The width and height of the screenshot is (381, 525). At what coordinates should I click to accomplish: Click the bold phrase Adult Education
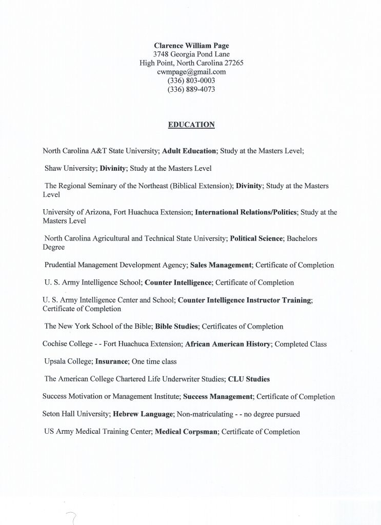pos(189,151)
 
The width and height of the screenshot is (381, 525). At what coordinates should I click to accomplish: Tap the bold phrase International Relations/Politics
pos(246,212)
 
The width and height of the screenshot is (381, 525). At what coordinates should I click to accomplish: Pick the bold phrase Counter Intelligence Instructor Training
pos(244,300)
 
